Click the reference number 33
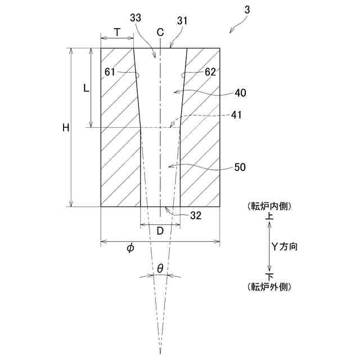[136, 19]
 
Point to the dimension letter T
[116, 32]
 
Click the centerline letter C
[160, 32]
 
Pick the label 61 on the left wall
[110, 72]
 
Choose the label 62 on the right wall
[210, 72]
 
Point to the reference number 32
[195, 215]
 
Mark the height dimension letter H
[66, 128]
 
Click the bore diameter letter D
[160, 231]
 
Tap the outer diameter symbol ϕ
[130, 248]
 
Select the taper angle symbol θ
[160, 269]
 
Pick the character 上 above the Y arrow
[269, 215]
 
